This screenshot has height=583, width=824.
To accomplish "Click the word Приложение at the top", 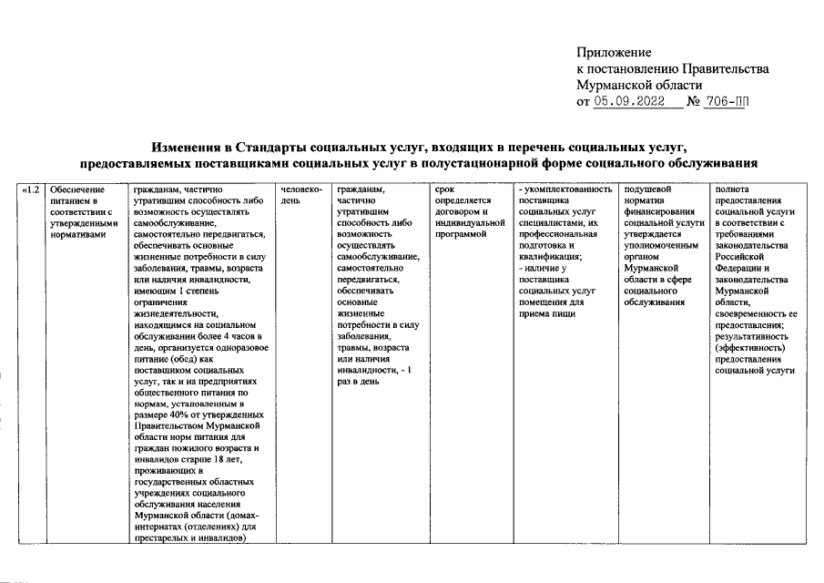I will coord(615,52).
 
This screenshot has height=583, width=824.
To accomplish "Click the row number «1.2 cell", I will coord(32,189).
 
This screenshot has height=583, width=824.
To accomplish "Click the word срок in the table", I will coord(444,189).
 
